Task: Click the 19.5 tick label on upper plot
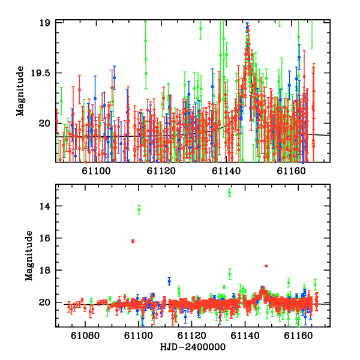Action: (40, 73)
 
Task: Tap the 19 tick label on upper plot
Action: (44, 23)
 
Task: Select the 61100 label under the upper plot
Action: (96, 171)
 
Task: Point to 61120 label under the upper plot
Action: (161, 171)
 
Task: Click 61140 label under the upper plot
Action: (226, 171)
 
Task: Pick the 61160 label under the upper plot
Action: (291, 171)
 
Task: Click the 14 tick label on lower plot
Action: (44, 206)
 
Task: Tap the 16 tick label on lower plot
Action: (44, 238)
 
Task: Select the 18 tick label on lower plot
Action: (44, 270)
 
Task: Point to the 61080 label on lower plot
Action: (85, 335)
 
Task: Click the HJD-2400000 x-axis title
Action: (193, 347)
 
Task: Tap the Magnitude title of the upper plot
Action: (20, 91)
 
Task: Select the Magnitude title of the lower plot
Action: (29, 256)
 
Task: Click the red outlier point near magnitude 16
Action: (133, 241)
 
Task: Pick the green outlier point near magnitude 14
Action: (139, 209)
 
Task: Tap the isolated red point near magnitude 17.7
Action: (266, 266)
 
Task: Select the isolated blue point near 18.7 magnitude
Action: (169, 281)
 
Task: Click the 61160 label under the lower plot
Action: (298, 335)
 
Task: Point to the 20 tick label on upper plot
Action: (44, 124)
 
